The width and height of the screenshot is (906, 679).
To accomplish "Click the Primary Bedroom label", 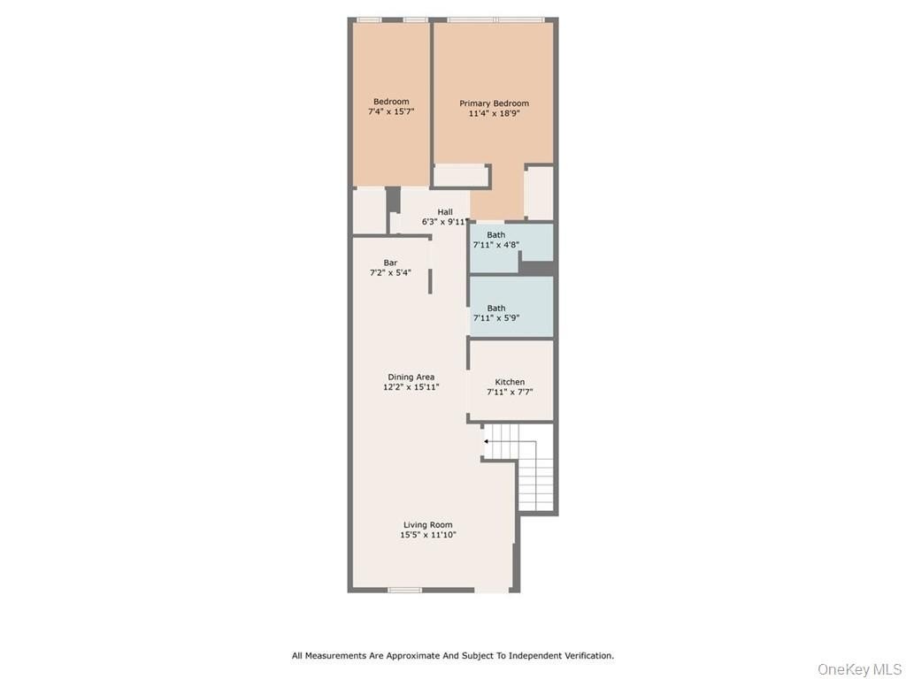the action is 494,103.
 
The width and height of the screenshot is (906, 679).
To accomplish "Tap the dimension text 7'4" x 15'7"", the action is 391,111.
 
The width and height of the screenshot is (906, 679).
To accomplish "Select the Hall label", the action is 445,212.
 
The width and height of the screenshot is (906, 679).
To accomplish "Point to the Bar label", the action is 390,263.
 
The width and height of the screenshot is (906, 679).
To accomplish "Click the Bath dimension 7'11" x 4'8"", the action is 496,244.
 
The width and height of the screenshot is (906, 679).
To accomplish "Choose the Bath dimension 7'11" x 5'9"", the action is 496,317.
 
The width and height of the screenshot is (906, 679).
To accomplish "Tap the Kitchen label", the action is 510,382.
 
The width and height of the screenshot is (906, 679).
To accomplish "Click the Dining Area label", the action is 411,377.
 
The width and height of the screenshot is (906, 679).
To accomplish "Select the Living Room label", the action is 428,525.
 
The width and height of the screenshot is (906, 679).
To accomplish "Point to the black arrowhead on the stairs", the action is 487,442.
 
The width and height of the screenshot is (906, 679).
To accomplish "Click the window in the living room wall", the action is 404,590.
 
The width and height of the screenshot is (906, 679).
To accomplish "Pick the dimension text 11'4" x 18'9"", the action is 494,114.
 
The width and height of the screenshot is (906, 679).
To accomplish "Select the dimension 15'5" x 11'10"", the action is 428,535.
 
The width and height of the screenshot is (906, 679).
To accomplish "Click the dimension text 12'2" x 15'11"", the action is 411,387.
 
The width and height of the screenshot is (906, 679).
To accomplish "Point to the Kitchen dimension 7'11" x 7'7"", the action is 510,392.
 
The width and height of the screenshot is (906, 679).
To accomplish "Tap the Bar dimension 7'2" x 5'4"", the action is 390,272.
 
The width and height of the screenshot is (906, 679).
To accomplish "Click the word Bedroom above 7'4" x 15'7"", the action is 391,102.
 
